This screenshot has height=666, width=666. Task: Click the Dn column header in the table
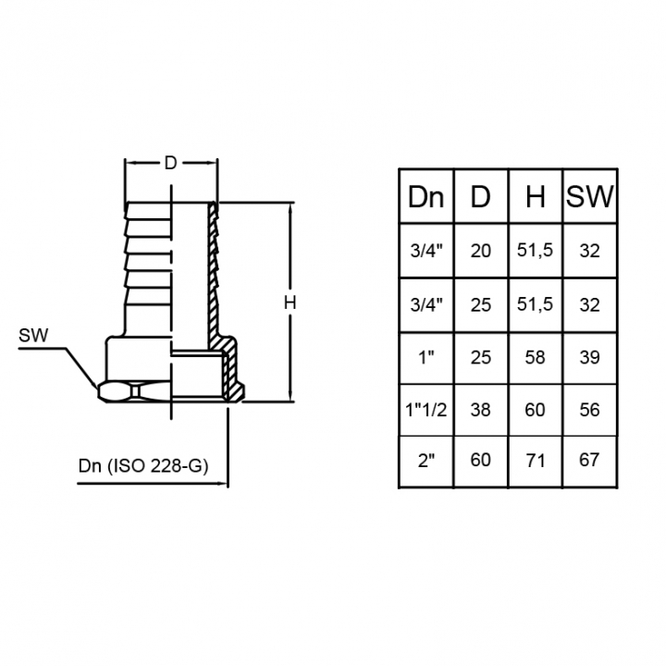pyautogui.click(x=425, y=197)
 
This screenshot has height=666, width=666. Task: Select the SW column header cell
pyautogui.click(x=589, y=197)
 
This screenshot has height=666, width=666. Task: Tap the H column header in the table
pyautogui.click(x=536, y=197)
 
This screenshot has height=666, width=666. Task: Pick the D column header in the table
pyautogui.click(x=480, y=197)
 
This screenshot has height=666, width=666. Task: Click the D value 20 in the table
pyautogui.click(x=481, y=251)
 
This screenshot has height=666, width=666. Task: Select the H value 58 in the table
pyautogui.click(x=535, y=358)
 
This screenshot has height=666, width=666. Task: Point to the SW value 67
pyautogui.click(x=589, y=460)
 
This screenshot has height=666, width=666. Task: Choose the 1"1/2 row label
pyautogui.click(x=426, y=411)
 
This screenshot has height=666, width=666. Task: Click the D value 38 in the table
pyautogui.click(x=481, y=411)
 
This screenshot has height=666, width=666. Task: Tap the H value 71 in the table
pyautogui.click(x=536, y=461)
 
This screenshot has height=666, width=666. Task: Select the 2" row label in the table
pyautogui.click(x=426, y=461)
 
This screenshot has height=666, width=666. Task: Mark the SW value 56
pyautogui.click(x=589, y=411)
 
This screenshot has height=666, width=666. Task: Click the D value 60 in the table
pyautogui.click(x=481, y=460)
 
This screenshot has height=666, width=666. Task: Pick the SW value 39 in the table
pyautogui.click(x=589, y=358)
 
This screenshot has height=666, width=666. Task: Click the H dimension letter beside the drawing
pyautogui.click(x=290, y=302)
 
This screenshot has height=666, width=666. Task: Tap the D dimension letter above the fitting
pyautogui.click(x=170, y=163)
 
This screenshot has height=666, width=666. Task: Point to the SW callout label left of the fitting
pyautogui.click(x=33, y=336)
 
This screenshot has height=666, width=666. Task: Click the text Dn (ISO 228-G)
pyautogui.click(x=143, y=466)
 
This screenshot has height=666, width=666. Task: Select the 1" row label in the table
pyautogui.click(x=426, y=358)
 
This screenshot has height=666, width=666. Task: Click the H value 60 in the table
pyautogui.click(x=535, y=411)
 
